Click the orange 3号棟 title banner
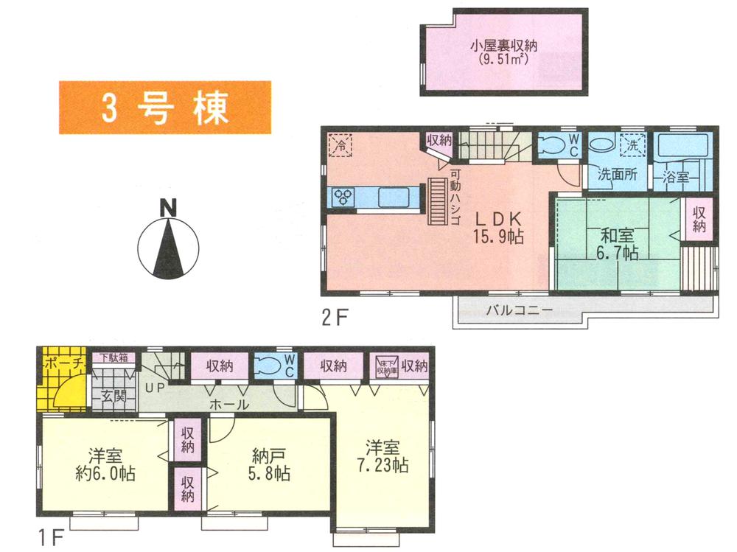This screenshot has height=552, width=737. click(x=164, y=108)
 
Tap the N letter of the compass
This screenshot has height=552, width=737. click(x=169, y=209)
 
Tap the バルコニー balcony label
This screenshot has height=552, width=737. click(x=519, y=310)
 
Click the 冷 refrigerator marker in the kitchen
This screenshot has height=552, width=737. click(x=340, y=145)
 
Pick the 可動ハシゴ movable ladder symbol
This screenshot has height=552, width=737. click(x=439, y=198)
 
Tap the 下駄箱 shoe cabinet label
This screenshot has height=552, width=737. click(x=114, y=358)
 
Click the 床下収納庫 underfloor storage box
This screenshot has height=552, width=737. click(x=385, y=366)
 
